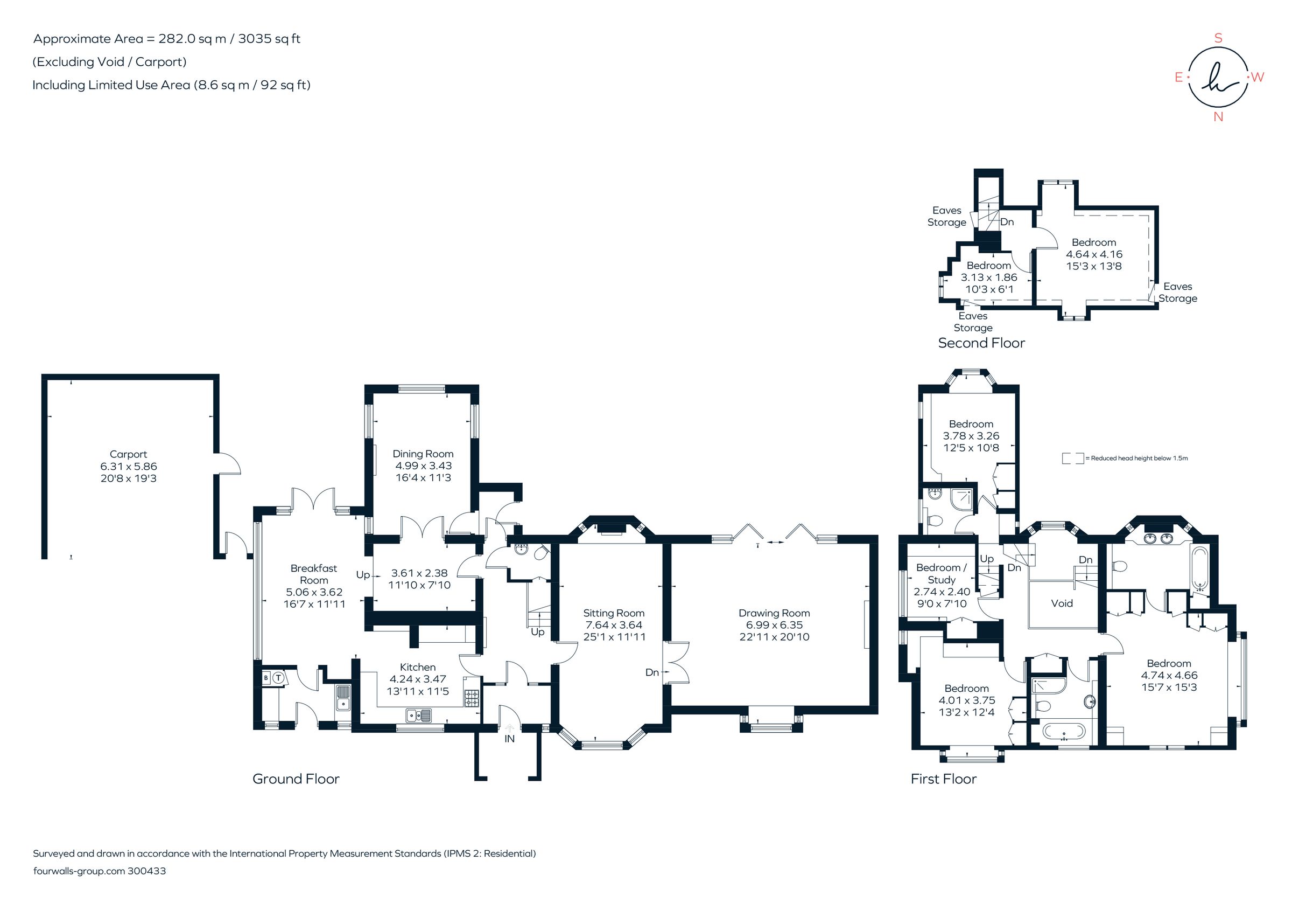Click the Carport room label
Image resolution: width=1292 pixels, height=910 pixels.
click(x=128, y=454)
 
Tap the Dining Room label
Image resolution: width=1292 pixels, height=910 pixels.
click(x=423, y=454)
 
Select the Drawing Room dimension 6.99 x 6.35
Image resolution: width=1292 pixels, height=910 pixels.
click(x=774, y=625)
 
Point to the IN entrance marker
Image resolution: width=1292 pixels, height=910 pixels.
click(x=509, y=739)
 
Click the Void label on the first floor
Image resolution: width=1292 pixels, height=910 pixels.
click(x=1062, y=603)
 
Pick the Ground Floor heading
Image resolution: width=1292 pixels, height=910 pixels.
click(x=296, y=779)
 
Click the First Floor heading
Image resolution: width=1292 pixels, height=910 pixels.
click(x=943, y=779)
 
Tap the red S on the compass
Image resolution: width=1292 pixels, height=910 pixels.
click(x=1218, y=38)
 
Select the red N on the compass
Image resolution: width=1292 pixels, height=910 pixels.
click(x=1218, y=117)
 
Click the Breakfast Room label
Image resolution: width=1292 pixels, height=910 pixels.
click(x=313, y=574)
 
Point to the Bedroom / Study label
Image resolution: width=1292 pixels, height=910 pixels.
click(x=942, y=574)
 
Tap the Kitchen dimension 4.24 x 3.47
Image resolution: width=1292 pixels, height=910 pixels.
click(x=418, y=679)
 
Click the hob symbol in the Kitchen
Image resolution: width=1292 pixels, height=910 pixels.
click(x=472, y=698)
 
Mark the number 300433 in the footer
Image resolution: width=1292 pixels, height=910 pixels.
click(x=147, y=871)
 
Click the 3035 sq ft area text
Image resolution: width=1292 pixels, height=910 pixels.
click(x=269, y=39)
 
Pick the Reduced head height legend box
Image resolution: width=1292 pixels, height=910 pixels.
click(x=1072, y=459)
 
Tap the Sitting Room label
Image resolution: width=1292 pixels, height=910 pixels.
click(x=613, y=613)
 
